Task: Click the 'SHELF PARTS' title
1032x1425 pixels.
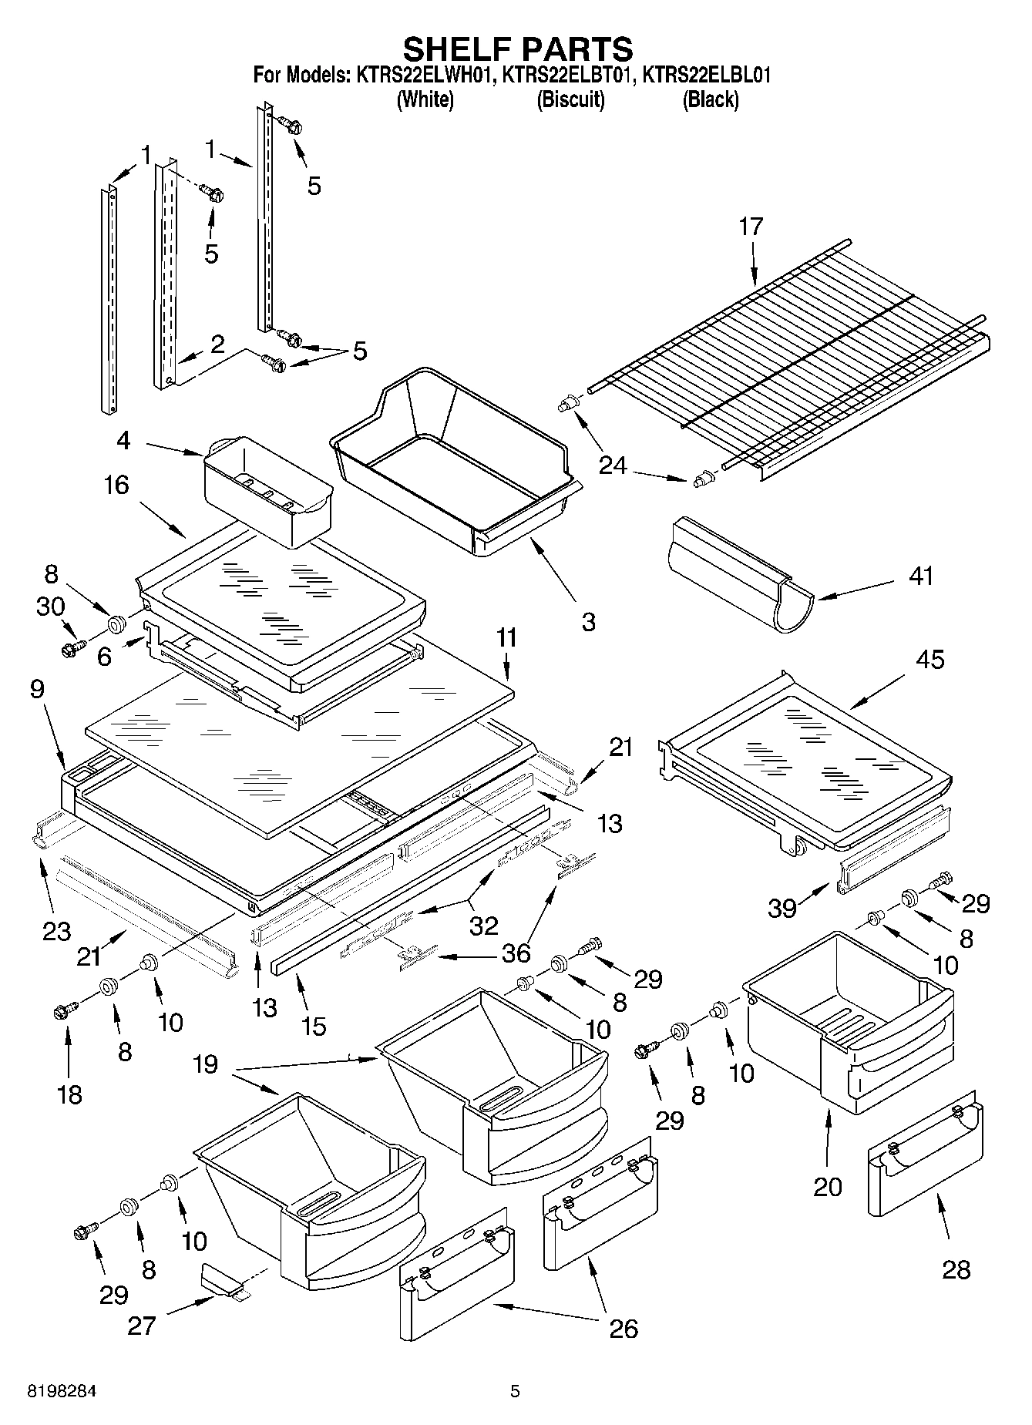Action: point(517,49)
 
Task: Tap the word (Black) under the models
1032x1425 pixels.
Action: point(710,99)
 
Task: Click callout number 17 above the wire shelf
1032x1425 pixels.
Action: point(751,227)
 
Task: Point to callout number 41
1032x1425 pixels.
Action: point(920,576)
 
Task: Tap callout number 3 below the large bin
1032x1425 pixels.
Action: point(588,621)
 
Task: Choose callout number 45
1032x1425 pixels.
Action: point(929,660)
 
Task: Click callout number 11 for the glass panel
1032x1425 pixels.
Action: point(506,638)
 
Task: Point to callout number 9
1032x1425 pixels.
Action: point(37,688)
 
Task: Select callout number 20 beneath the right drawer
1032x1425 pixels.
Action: point(828,1186)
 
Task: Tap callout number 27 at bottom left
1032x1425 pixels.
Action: point(142,1326)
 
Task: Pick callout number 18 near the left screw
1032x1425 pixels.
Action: point(69,1094)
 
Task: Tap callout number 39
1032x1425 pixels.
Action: point(782,909)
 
